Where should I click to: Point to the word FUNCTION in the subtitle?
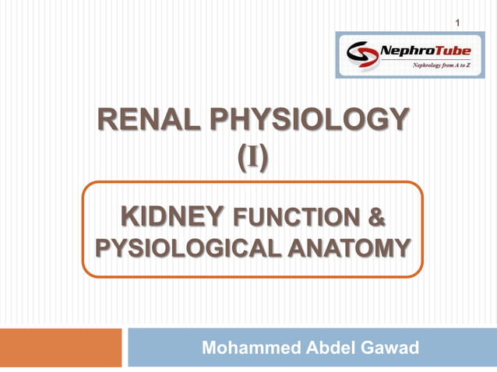pos(297,216)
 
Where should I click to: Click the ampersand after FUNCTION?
pos(375,216)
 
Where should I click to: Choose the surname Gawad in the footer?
pos(390,348)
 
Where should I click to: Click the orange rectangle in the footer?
pos(61,348)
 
